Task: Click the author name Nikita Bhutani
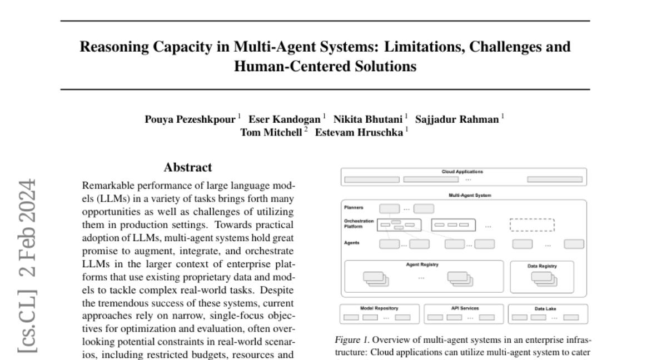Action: click(369, 118)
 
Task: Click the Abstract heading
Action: click(188, 167)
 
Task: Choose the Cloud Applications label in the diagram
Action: click(462, 172)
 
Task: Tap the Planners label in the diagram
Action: click(354, 207)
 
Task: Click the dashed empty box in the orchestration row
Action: click(532, 224)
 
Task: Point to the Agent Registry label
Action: click(422, 264)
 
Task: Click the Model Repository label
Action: click(379, 308)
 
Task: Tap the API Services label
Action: click(464, 308)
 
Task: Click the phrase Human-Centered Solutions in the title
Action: click(325, 66)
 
